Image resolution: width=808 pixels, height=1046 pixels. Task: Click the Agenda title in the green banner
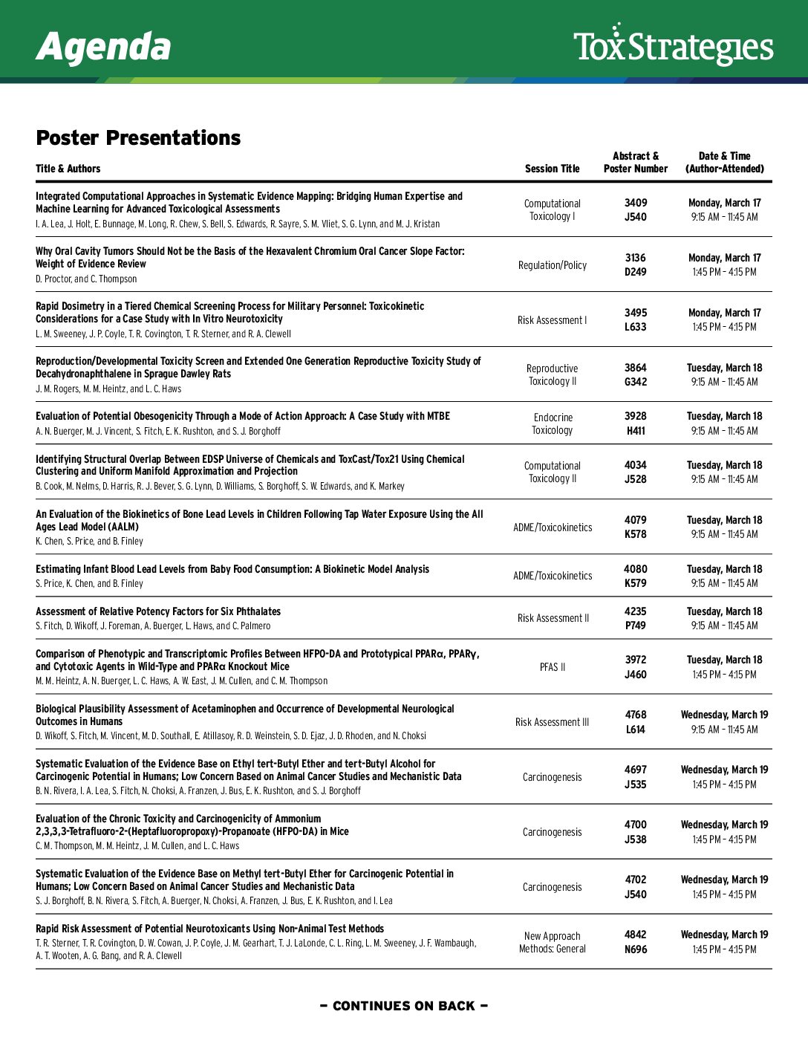tap(103, 47)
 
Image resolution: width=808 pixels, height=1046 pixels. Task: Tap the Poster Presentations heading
tap(138, 137)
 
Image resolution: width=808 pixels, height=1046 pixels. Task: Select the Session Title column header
tap(552, 169)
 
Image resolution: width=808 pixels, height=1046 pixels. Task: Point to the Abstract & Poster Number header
tap(635, 162)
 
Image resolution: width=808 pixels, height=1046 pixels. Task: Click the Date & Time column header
tap(724, 162)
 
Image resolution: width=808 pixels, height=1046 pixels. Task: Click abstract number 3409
tap(635, 203)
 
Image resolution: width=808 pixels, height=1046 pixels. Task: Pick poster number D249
tap(635, 272)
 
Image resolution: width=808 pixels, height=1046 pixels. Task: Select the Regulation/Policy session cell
tap(552, 265)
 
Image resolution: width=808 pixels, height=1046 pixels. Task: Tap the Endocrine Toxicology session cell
tap(553, 423)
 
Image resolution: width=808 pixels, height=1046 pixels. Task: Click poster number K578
tap(635, 534)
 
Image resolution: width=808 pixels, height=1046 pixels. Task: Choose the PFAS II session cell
tap(552, 667)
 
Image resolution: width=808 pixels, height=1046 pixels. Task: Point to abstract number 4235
tap(635, 611)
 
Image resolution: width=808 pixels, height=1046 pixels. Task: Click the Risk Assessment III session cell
tap(552, 722)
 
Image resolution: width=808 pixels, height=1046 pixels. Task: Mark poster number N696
tap(635, 949)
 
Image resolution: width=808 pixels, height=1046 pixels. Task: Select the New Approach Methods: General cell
tap(552, 942)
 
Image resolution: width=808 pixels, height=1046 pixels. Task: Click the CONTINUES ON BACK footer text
tap(403, 1006)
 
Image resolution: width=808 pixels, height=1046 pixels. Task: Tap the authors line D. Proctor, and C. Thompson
tap(86, 279)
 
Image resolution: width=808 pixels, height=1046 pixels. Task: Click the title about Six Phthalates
tap(158, 611)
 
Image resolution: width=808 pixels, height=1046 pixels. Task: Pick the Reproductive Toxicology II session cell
tap(552, 374)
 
